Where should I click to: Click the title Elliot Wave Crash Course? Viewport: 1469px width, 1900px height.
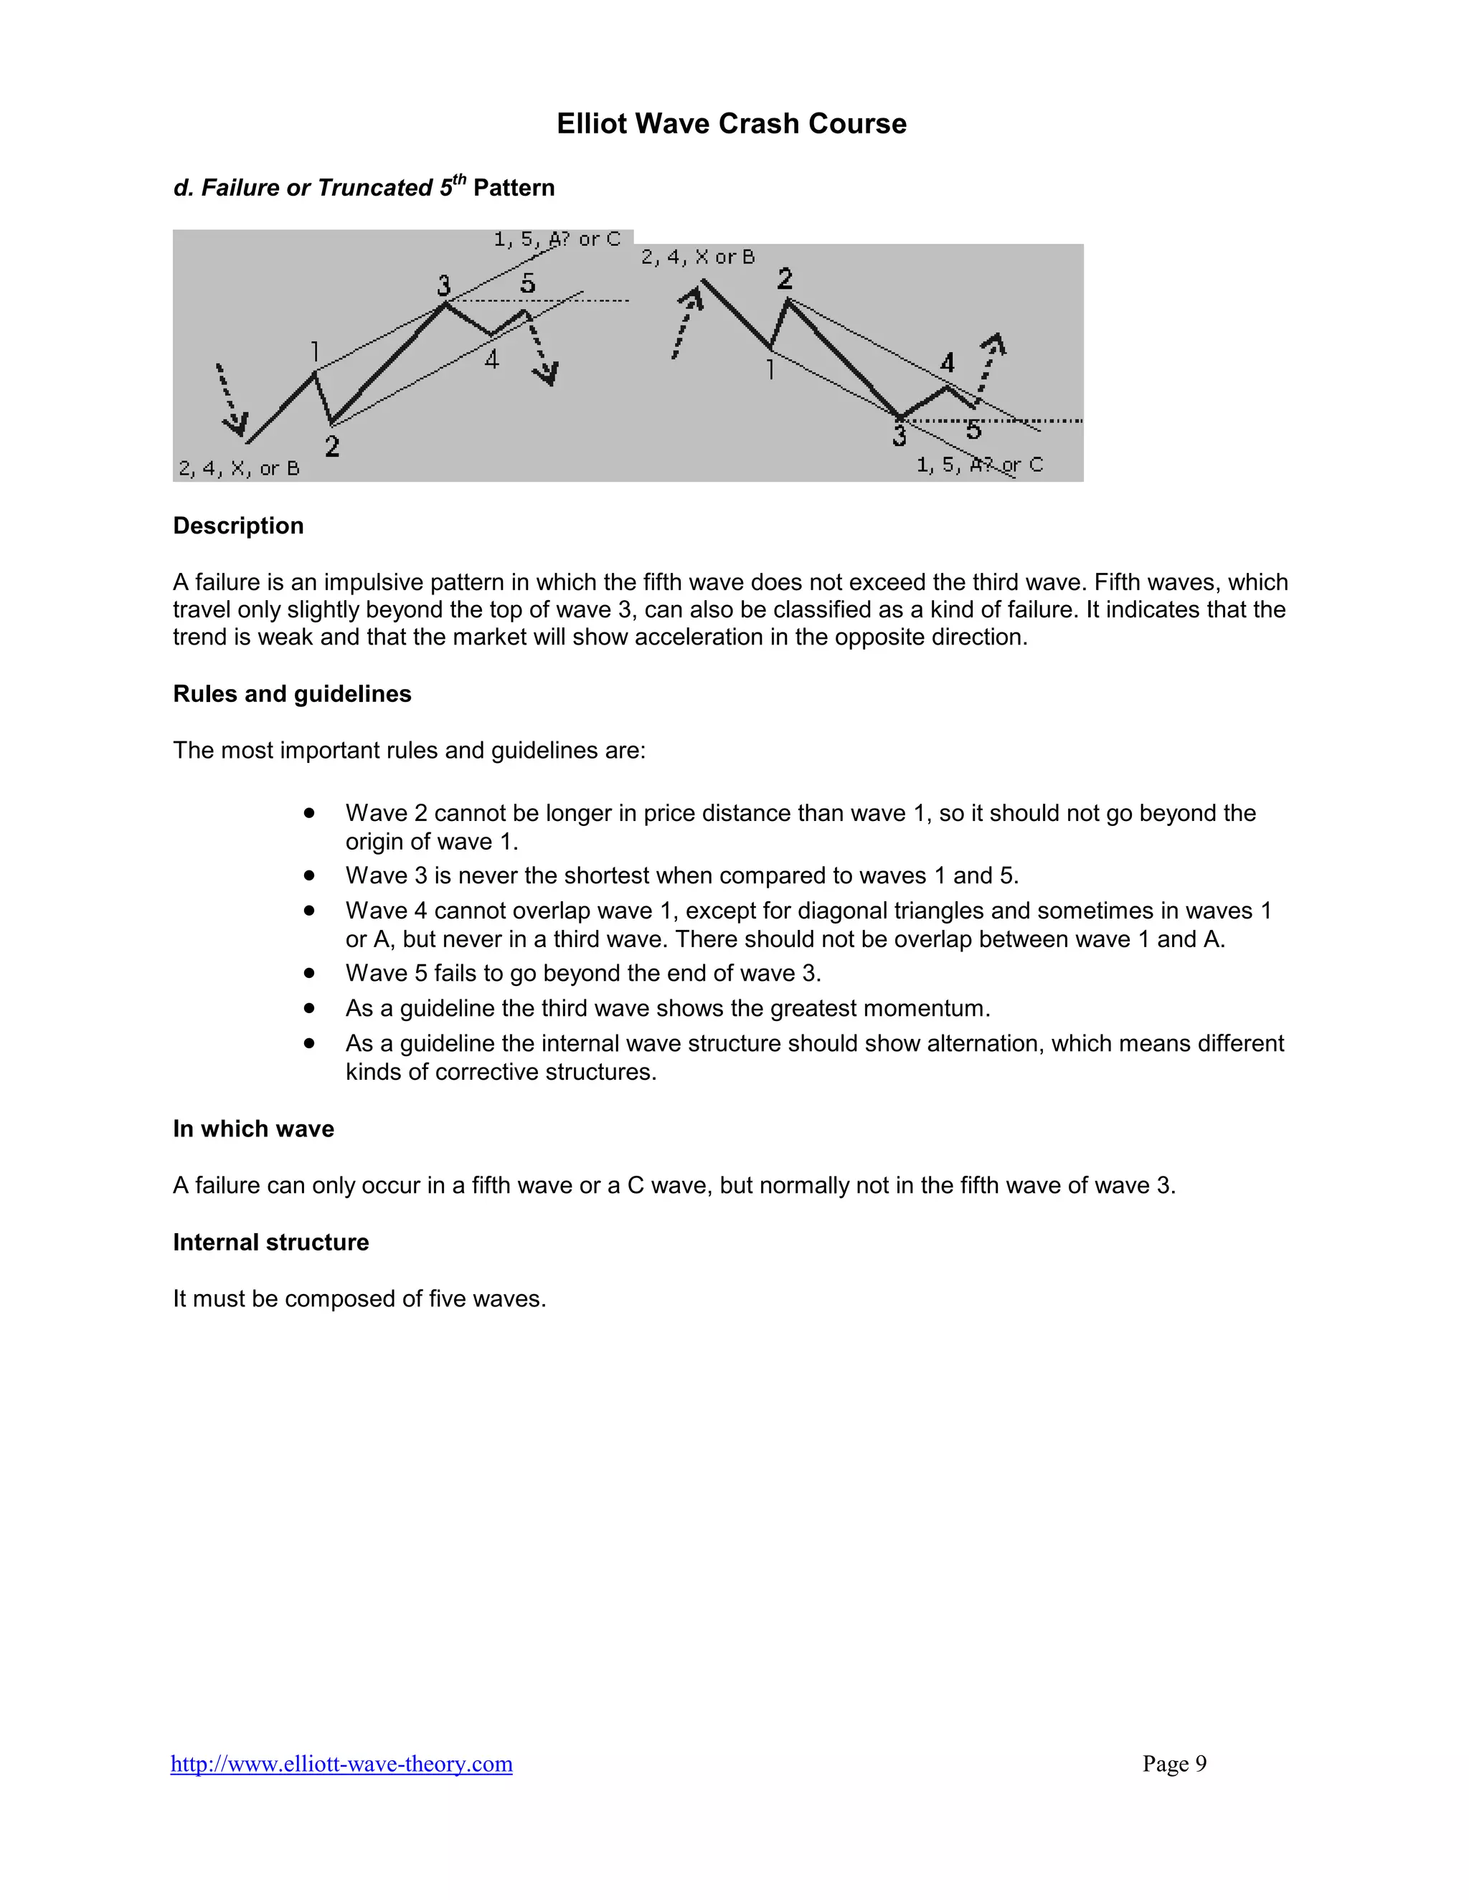(731, 123)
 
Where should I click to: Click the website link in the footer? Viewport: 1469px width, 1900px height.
(341, 1764)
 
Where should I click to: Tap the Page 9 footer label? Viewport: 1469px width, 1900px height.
(1174, 1764)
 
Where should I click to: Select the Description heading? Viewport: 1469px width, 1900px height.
(237, 526)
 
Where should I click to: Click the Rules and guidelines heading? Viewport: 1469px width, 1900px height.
(291, 693)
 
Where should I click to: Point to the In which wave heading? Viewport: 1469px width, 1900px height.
(253, 1129)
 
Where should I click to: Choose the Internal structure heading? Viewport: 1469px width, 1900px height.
(270, 1241)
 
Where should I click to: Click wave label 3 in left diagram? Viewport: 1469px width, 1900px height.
(444, 285)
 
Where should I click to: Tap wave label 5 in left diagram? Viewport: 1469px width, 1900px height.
(527, 282)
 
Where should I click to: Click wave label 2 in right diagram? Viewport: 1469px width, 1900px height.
(785, 278)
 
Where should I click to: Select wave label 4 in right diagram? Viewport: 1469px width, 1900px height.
(948, 362)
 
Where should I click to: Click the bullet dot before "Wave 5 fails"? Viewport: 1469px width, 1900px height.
(309, 973)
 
